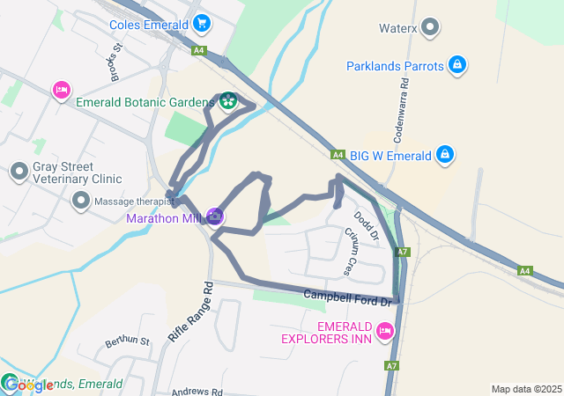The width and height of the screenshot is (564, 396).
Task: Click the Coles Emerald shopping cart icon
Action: (x=202, y=23)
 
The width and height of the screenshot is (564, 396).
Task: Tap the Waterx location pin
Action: (x=430, y=27)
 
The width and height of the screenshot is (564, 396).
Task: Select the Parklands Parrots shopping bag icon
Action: (x=456, y=65)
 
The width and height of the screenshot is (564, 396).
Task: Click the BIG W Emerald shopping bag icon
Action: (x=446, y=156)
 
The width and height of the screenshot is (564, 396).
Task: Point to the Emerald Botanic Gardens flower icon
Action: (x=228, y=102)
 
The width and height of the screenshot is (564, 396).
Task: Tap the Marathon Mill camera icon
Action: (x=214, y=216)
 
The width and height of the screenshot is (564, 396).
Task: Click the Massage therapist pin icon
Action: (x=81, y=202)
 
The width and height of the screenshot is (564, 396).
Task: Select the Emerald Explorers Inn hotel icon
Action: (x=384, y=331)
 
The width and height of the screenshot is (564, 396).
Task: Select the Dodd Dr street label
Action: (x=366, y=225)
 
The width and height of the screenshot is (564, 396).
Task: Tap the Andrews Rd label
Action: (x=197, y=392)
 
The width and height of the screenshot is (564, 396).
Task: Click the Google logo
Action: (x=28, y=385)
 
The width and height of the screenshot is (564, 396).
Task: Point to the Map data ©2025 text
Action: (x=526, y=389)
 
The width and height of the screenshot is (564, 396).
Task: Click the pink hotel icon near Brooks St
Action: (x=61, y=90)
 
